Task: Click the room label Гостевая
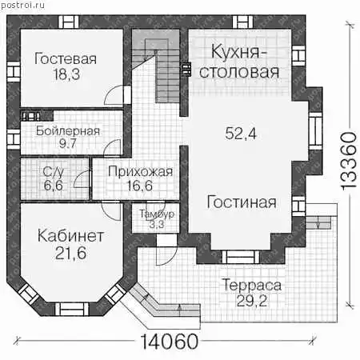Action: [x=66, y=59]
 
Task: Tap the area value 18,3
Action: [x=66, y=74]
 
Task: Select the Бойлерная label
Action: [x=68, y=131]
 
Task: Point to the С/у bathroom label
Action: [x=53, y=172]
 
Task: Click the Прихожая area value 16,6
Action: [x=140, y=186]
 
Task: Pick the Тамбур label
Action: [x=157, y=214]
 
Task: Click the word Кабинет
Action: [x=70, y=236]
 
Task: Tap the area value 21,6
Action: [x=70, y=253]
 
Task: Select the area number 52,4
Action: [x=241, y=134]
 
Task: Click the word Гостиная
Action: [x=242, y=202]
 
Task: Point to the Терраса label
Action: [x=252, y=286]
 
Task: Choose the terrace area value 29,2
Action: [x=252, y=302]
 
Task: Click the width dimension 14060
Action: [x=169, y=342]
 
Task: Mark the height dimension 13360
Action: [x=349, y=162]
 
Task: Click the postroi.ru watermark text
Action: [x=22, y=5]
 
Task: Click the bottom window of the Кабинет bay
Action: [x=72, y=310]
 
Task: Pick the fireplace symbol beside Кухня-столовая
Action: [x=186, y=69]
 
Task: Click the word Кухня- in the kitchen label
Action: [x=239, y=52]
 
